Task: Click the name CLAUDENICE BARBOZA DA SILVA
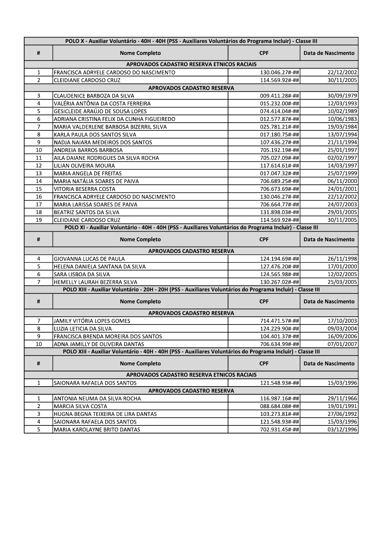(x=94, y=96)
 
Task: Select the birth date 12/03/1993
(x=342, y=103)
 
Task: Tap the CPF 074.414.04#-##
(x=279, y=111)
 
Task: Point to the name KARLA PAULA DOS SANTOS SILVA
(x=95, y=134)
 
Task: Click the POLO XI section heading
(x=191, y=227)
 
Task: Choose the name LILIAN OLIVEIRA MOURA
(x=84, y=166)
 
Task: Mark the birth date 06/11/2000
(x=342, y=181)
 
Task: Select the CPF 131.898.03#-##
(x=279, y=212)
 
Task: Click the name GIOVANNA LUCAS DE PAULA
(x=89, y=259)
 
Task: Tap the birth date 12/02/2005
(x=342, y=274)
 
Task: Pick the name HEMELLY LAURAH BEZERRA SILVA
(x=96, y=282)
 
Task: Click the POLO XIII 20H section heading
(x=191, y=289)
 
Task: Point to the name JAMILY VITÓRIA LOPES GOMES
(x=92, y=321)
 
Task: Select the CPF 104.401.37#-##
(x=279, y=336)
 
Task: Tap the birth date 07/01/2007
(x=342, y=344)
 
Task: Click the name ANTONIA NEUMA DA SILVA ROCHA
(x=97, y=398)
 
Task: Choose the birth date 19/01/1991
(x=342, y=406)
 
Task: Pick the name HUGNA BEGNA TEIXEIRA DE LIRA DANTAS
(x=105, y=414)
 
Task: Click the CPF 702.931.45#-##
(x=279, y=429)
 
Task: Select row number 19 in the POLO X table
(x=38, y=220)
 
